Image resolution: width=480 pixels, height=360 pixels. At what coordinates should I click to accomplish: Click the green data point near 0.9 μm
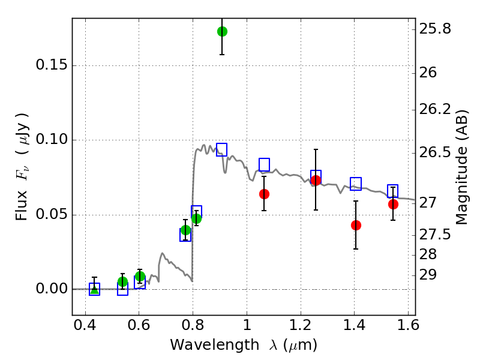(222, 31)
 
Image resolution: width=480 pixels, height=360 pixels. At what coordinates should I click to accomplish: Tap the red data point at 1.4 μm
(356, 225)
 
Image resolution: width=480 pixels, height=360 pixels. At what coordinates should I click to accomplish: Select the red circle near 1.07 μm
(264, 194)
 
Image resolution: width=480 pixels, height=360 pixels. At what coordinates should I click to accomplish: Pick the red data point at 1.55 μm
(393, 204)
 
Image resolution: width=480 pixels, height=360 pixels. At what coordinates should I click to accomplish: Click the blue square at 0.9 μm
(221, 149)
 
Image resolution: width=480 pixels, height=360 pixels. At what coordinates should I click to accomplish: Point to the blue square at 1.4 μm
(356, 184)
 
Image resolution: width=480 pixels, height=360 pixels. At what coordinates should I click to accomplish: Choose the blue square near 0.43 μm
(94, 289)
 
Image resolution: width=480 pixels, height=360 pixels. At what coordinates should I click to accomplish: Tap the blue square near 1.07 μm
(264, 164)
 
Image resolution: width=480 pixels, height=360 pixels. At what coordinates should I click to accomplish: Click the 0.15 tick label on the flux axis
(52, 66)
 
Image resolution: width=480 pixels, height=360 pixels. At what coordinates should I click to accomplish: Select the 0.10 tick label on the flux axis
(52, 140)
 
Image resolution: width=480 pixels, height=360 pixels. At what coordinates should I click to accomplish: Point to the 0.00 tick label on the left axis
(52, 289)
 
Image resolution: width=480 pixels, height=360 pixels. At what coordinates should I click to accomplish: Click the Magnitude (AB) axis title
(461, 167)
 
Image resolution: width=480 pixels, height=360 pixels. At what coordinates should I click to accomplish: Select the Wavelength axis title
(243, 346)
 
